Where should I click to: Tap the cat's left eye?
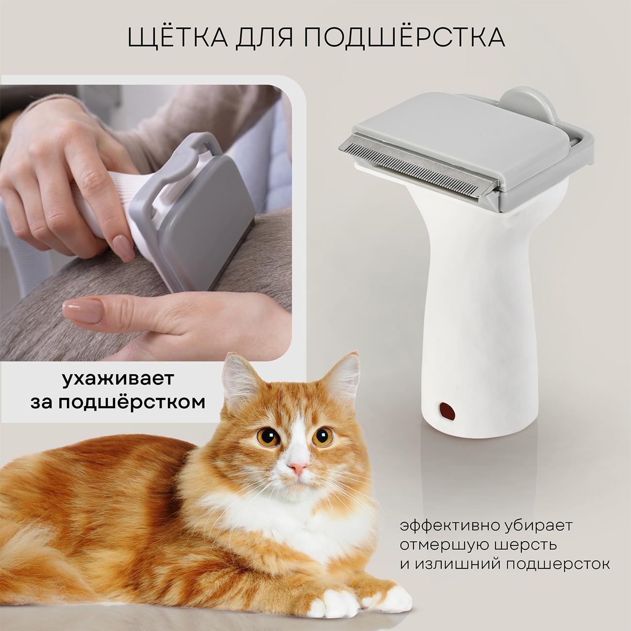(322, 437)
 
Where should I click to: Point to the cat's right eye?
(268, 437)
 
